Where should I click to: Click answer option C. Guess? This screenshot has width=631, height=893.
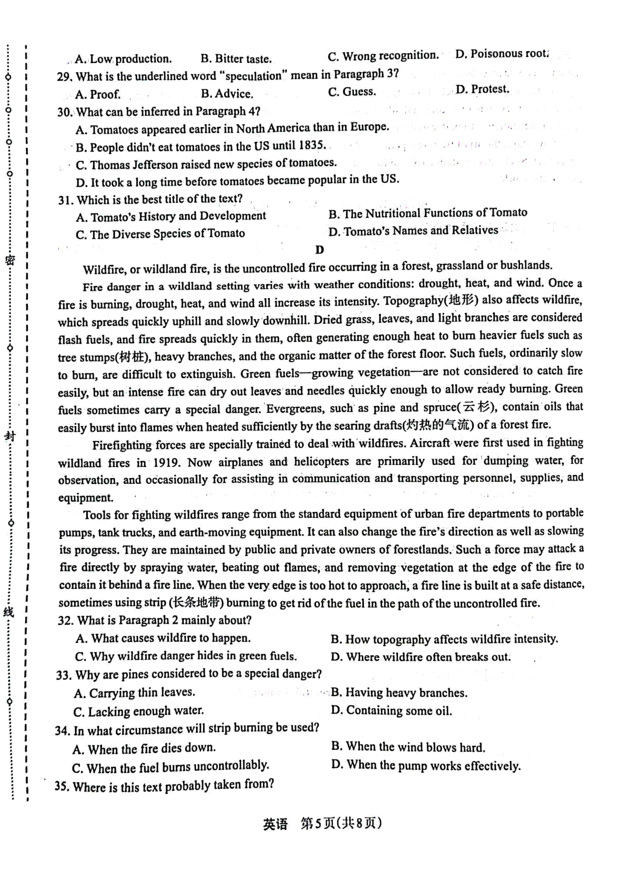[352, 92]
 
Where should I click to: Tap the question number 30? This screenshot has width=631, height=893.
[64, 113]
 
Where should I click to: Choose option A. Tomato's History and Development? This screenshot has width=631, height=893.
[171, 217]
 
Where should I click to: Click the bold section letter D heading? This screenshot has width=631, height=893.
[319, 250]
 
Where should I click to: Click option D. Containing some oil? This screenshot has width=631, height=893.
[391, 711]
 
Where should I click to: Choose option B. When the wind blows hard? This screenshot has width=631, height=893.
[408, 747]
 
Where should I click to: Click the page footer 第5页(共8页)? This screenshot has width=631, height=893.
[341, 824]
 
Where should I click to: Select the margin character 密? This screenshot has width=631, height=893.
[9, 260]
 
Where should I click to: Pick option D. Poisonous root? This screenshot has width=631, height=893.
[502, 54]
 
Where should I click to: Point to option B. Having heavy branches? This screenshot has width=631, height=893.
[399, 693]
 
